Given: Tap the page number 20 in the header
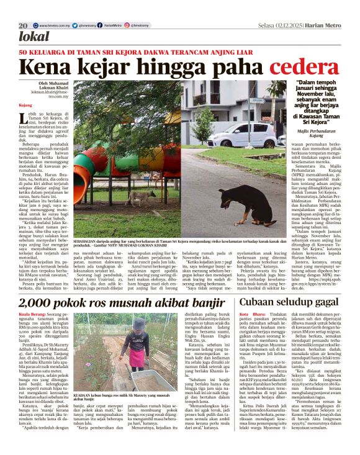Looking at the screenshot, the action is pos(23,25).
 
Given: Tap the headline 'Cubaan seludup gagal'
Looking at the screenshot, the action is pos(280,302).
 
